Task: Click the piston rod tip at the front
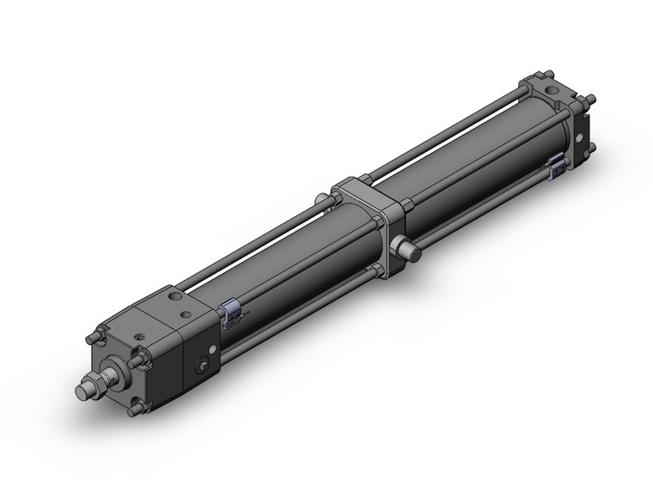click(82, 390)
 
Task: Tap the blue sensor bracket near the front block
click(229, 314)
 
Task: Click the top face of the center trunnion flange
click(360, 186)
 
